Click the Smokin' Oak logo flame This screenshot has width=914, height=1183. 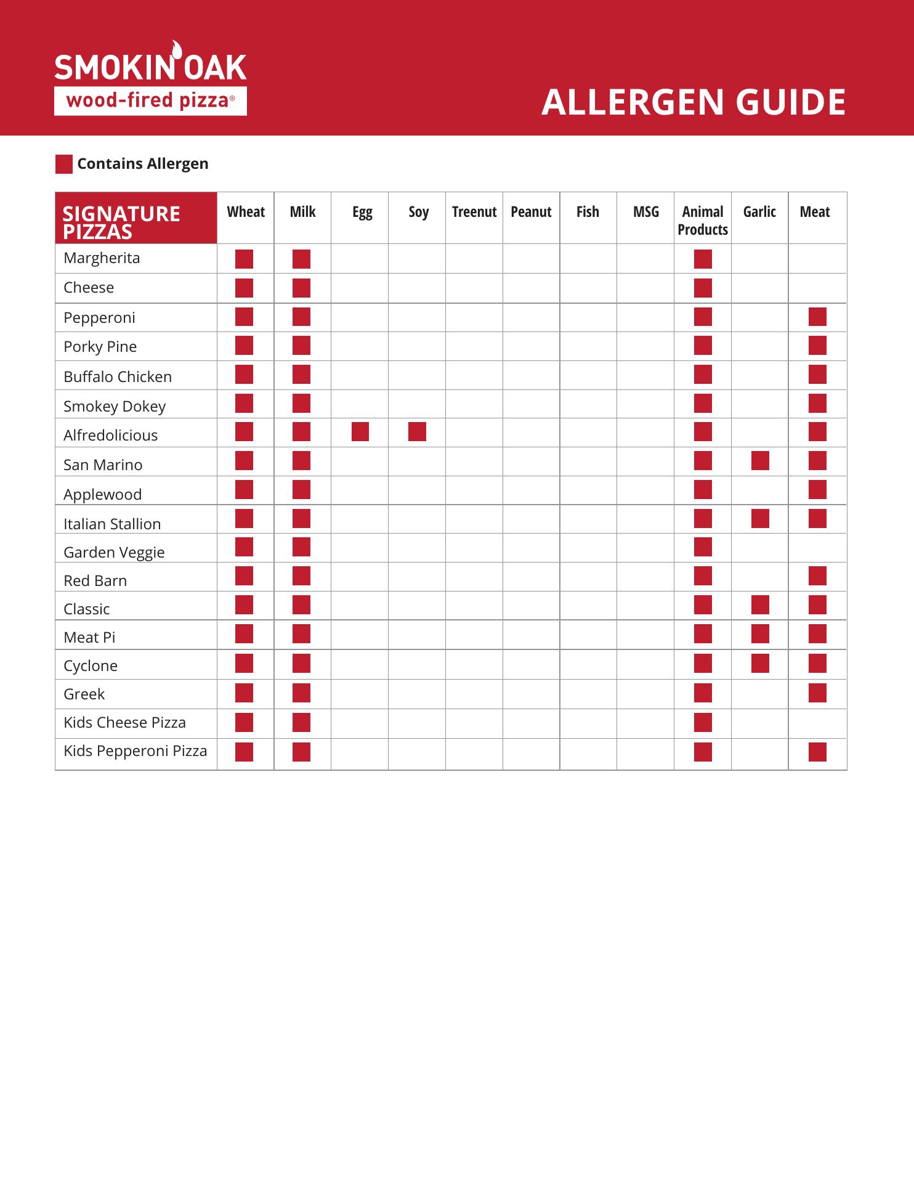pyautogui.click(x=177, y=49)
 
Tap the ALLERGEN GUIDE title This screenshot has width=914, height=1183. pyautogui.click(x=693, y=102)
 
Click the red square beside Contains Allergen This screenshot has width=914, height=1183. pyautogui.click(x=64, y=164)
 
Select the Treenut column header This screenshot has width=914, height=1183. pyautogui.click(x=474, y=212)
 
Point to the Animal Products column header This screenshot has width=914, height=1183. pyautogui.click(x=702, y=220)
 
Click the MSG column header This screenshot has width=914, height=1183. pyautogui.click(x=645, y=212)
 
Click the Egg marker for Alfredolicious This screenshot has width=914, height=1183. pyautogui.click(x=360, y=432)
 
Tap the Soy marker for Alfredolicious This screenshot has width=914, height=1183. pyautogui.click(x=417, y=432)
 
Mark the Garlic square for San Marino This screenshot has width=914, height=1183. pyautogui.click(x=760, y=461)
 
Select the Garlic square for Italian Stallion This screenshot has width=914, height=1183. pyautogui.click(x=760, y=519)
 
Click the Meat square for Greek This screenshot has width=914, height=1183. pyautogui.click(x=817, y=693)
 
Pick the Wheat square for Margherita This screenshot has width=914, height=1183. pyautogui.click(x=244, y=259)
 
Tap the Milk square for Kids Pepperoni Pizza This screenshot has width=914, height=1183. pyautogui.click(x=301, y=752)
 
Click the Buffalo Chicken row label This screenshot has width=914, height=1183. pyautogui.click(x=118, y=376)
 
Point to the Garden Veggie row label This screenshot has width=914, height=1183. pyautogui.click(x=114, y=552)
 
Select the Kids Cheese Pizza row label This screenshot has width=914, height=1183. pyautogui.click(x=124, y=722)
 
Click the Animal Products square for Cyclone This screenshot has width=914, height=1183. pyautogui.click(x=703, y=664)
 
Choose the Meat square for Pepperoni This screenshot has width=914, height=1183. pyautogui.click(x=817, y=317)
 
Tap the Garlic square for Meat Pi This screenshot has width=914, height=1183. pyautogui.click(x=760, y=634)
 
